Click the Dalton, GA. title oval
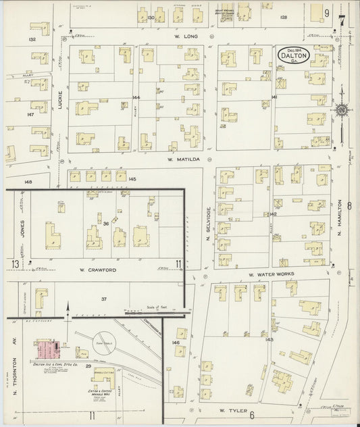tap(294, 55)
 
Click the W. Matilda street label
tap(180, 160)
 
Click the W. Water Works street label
tap(269, 275)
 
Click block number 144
tap(136, 97)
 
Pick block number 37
tap(104, 299)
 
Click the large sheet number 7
tap(342, 14)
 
